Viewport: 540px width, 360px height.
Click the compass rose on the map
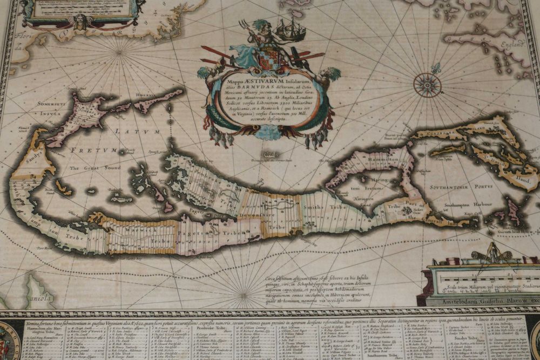point(427,85)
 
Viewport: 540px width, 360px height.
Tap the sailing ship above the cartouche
point(291,29)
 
